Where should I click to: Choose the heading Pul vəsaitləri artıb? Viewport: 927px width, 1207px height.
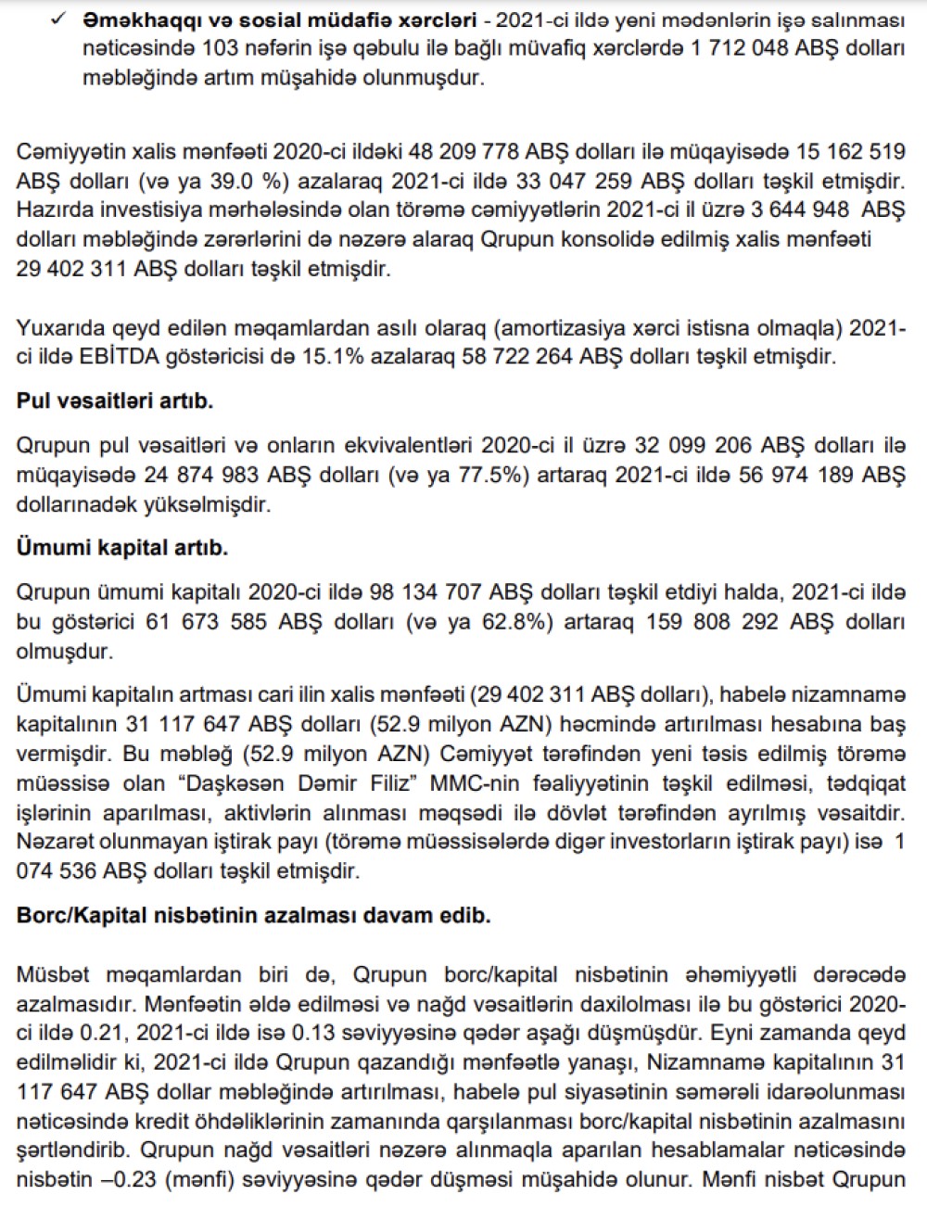[115, 401]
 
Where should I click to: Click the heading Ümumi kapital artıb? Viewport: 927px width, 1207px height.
[122, 548]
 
